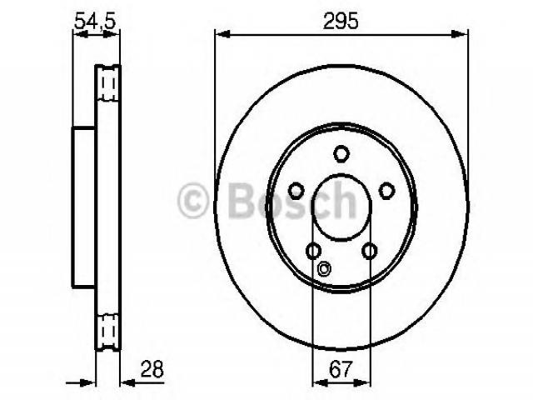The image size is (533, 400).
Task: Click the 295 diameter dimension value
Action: (x=341, y=21)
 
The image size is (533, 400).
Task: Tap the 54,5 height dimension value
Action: (x=95, y=21)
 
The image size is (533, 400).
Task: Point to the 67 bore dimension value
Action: (x=341, y=369)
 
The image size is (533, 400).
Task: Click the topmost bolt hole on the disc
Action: (x=341, y=153)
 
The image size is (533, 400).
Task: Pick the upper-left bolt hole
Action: (x=296, y=191)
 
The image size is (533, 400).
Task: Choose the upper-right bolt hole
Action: (x=386, y=191)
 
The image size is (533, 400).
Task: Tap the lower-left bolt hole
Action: (x=313, y=252)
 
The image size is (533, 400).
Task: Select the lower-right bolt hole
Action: (x=370, y=252)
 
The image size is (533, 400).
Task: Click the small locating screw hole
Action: (x=324, y=268)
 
